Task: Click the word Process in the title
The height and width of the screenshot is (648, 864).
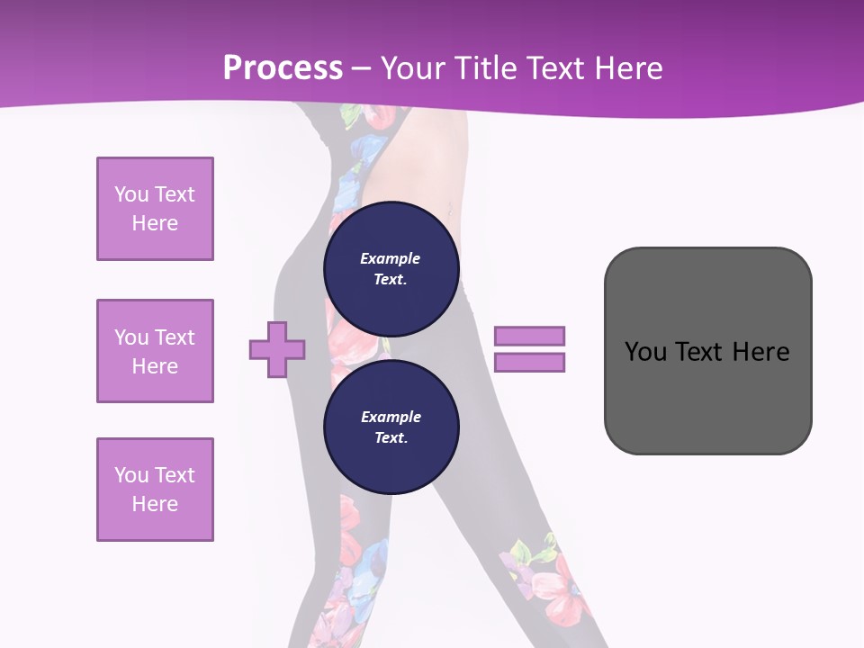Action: click(283, 68)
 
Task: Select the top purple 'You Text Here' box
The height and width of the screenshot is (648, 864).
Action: click(155, 209)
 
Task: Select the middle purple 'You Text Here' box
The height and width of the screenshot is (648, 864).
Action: click(155, 351)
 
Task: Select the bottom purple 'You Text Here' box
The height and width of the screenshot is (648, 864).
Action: click(155, 490)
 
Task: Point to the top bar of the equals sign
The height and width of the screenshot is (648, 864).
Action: click(529, 336)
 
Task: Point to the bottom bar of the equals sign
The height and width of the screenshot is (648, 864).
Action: click(529, 363)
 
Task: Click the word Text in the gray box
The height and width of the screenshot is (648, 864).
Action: click(702, 352)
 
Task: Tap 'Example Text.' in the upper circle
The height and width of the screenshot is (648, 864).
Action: click(391, 268)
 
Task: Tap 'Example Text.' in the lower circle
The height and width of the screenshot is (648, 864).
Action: click(391, 427)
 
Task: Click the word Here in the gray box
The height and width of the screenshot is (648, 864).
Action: click(761, 352)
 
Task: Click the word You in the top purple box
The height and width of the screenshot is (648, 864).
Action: click(130, 194)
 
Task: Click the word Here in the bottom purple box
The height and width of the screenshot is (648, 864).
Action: click(155, 504)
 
